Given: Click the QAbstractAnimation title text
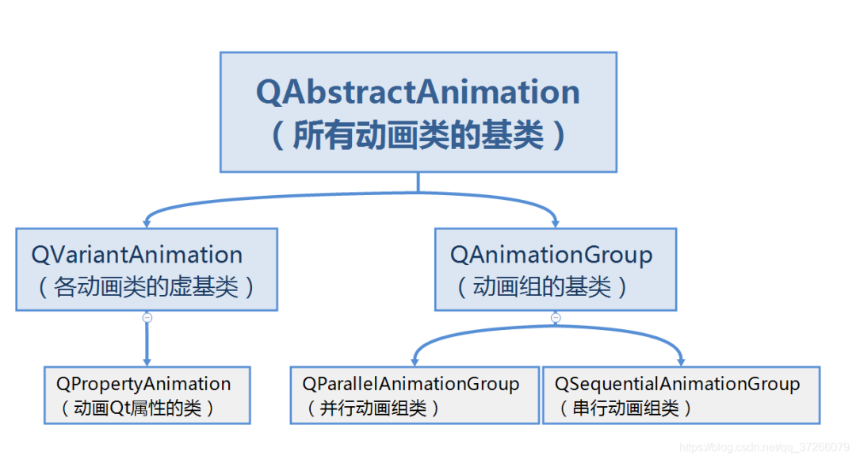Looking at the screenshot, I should [418, 93].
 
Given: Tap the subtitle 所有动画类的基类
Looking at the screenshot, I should [418, 136].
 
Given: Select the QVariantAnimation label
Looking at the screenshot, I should [137, 255].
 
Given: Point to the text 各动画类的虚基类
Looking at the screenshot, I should [147, 286].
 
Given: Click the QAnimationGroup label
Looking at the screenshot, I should [552, 255].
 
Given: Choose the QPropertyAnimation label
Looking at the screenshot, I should [143, 384].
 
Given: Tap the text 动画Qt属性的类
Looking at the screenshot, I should [136, 408].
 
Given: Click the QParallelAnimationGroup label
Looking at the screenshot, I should [411, 384].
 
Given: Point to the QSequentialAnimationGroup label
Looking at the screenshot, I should [677, 384].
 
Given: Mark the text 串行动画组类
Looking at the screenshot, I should [626, 408].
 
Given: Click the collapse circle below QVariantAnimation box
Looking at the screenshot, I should [147, 317].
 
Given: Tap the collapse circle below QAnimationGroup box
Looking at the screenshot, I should [556, 317].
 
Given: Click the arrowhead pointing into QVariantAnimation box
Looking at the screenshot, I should [147, 224].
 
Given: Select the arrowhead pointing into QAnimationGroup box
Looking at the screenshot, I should [556, 224].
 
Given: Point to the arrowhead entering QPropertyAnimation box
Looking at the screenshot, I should [147, 362].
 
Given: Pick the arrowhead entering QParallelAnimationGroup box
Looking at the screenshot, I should [415, 362].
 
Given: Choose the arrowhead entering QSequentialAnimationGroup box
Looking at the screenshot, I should [681, 362].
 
